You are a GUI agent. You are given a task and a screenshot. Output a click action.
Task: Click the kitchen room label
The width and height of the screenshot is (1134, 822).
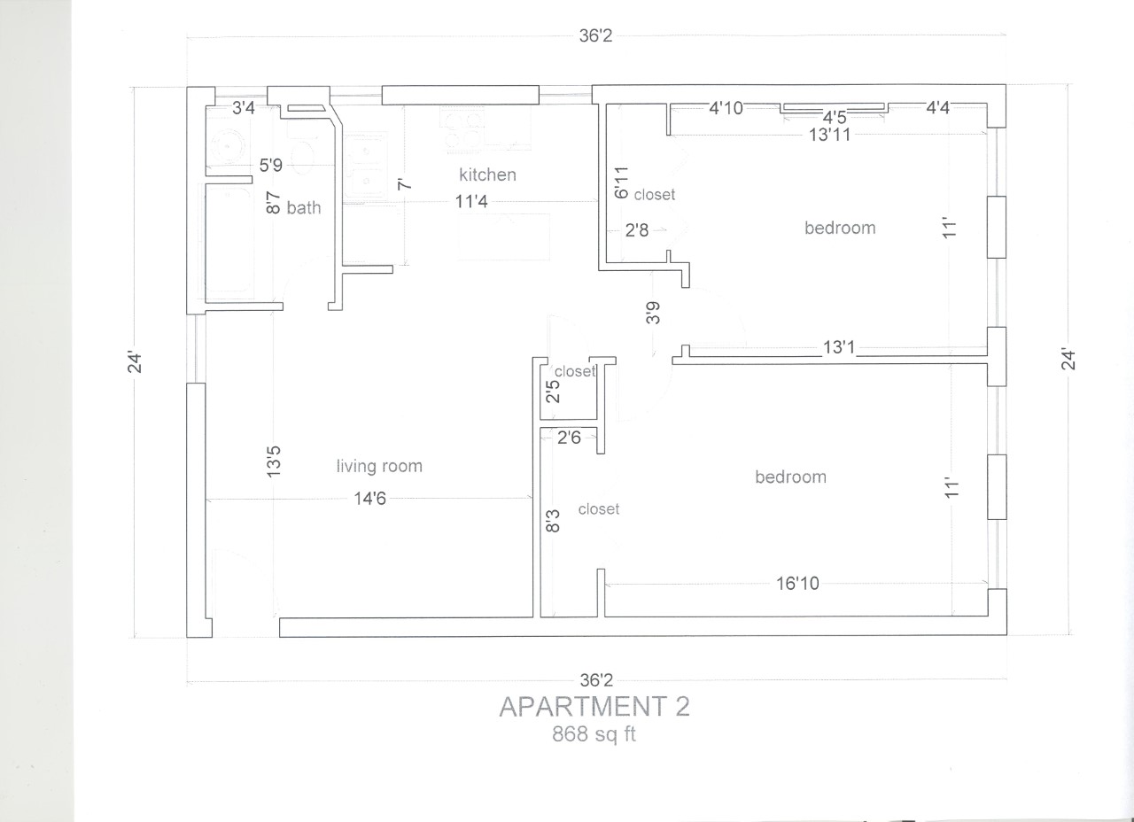[487, 174]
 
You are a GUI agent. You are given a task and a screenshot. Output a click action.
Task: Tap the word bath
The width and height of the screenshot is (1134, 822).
[304, 208]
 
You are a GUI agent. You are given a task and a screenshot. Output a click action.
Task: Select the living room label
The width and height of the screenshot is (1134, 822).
[379, 466]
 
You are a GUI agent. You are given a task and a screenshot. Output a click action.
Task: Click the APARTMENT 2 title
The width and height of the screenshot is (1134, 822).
[594, 707]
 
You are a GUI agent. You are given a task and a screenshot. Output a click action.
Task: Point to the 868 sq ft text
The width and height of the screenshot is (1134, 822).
[594, 734]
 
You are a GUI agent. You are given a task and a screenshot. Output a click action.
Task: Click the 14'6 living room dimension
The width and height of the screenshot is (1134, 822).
[369, 499]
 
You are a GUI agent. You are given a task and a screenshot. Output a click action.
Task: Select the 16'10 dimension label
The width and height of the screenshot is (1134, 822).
[797, 583]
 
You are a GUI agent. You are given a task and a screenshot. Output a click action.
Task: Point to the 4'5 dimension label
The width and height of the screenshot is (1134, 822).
[835, 117]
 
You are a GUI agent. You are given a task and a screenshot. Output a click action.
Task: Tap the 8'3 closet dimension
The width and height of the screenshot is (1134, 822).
[554, 520]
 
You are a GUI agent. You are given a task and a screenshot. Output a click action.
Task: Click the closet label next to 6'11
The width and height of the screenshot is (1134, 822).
[655, 194]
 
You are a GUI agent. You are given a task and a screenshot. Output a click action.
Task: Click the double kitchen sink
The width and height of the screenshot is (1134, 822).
[367, 165]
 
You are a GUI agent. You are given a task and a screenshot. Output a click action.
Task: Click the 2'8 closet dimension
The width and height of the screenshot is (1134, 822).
[637, 231]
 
